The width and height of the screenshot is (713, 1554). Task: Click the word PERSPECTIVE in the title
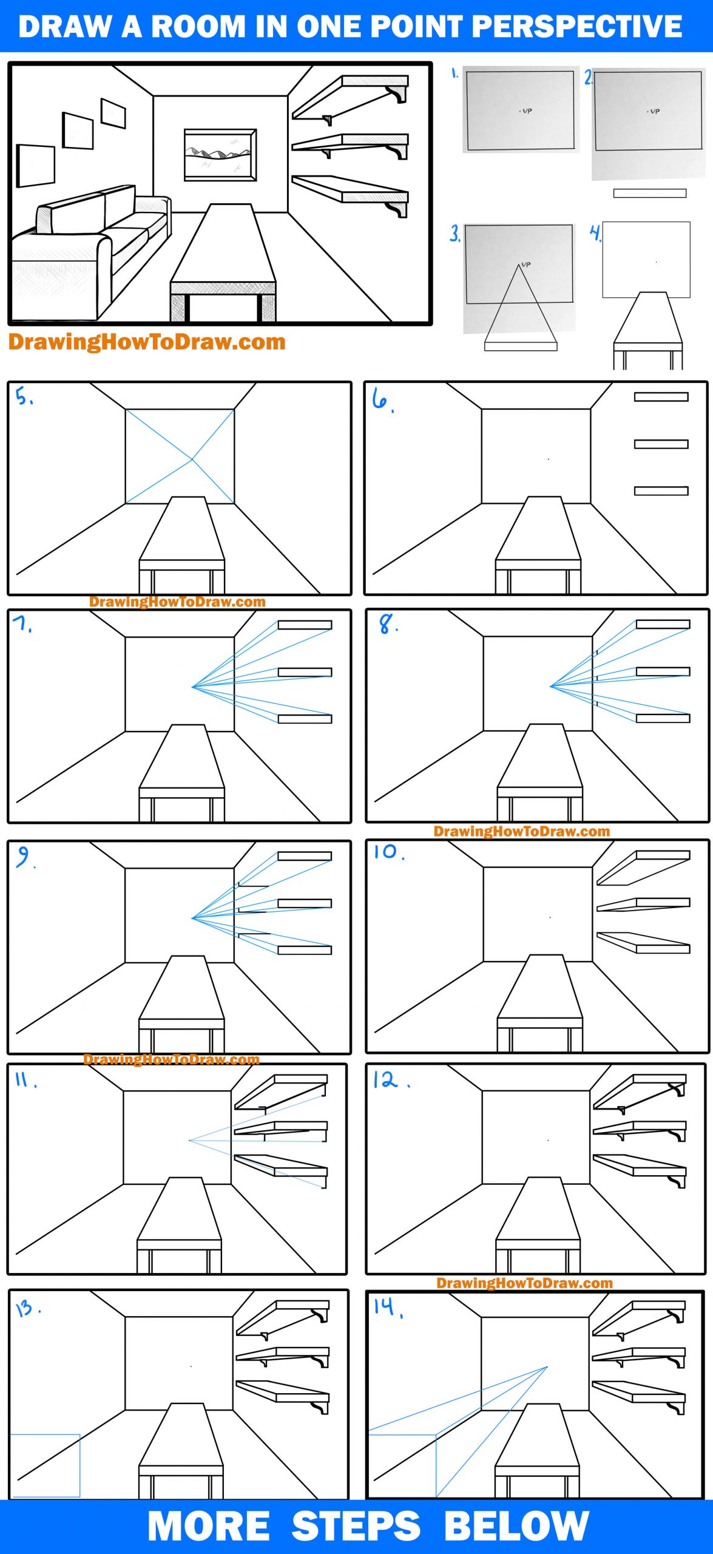pyautogui.click(x=576, y=27)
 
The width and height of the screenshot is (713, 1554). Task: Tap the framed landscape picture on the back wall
pyautogui.click(x=220, y=154)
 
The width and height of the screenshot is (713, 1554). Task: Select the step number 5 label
pyautogui.click(x=24, y=398)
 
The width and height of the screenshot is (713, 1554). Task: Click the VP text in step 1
pyautogui.click(x=527, y=111)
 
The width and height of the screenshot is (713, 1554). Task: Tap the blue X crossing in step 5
pyautogui.click(x=193, y=460)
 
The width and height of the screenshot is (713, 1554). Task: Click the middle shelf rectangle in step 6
pyautogui.click(x=661, y=444)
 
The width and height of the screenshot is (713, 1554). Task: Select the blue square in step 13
pyautogui.click(x=46, y=1465)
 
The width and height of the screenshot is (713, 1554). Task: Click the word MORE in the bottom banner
pyautogui.click(x=208, y=1526)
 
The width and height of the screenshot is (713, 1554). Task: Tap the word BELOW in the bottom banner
pyautogui.click(x=516, y=1526)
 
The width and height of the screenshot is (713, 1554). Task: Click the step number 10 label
pyautogui.click(x=387, y=852)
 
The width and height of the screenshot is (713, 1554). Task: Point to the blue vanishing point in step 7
pyautogui.click(x=193, y=687)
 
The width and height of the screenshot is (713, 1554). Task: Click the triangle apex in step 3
pyautogui.click(x=520, y=265)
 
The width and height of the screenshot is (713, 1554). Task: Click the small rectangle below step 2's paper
pyautogui.click(x=649, y=193)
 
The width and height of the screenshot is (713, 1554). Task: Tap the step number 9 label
pyautogui.click(x=24, y=857)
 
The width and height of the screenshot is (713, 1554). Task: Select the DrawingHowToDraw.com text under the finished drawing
pyautogui.click(x=146, y=342)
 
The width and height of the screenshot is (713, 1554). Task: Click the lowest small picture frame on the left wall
pyautogui.click(x=36, y=165)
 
